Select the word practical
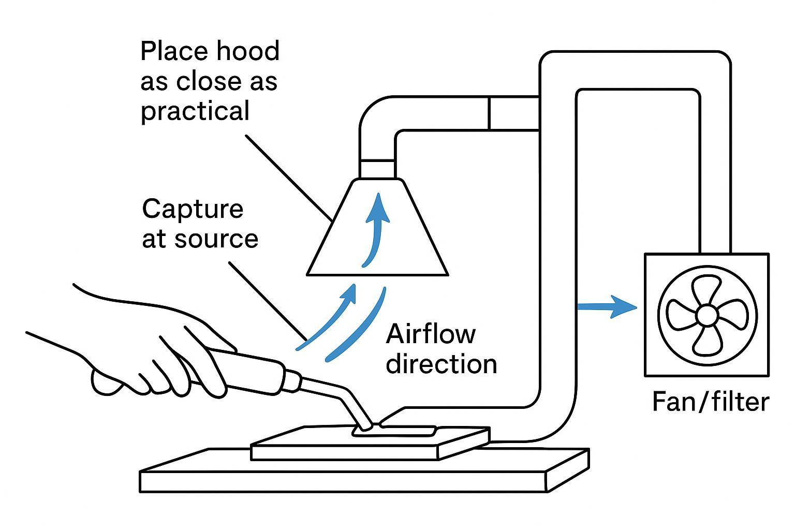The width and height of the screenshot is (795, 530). (195, 112)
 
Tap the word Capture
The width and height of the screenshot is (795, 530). (193, 209)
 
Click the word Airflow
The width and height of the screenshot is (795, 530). (431, 334)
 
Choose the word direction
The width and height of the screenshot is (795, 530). (441, 364)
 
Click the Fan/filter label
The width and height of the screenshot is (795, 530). (710, 402)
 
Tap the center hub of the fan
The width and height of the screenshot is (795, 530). (706, 315)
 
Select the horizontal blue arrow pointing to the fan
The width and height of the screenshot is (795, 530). (606, 307)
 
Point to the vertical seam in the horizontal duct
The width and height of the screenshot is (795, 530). (489, 113)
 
